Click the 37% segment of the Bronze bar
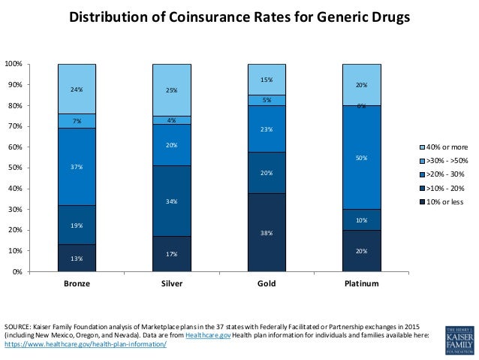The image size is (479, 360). [77, 167]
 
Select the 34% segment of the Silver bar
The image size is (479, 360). [172, 201]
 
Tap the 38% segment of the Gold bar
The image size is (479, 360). [267, 232]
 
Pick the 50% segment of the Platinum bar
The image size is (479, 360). [361, 157]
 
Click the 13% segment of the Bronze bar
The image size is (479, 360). [77, 258]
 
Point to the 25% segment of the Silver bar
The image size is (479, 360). [172, 89]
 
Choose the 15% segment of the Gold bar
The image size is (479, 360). [267, 79]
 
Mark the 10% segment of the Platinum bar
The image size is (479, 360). [361, 219]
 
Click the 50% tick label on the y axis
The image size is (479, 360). [15, 168]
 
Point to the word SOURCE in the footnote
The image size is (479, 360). [18, 327]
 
